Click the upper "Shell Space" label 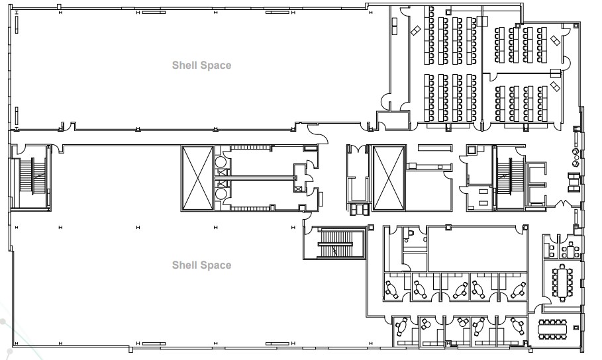201,65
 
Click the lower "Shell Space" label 201,265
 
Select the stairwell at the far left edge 32,175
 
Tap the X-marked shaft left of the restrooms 197,179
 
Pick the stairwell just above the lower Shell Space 334,245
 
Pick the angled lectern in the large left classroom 416,30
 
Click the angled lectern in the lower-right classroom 555,87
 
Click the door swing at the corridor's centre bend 321,135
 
